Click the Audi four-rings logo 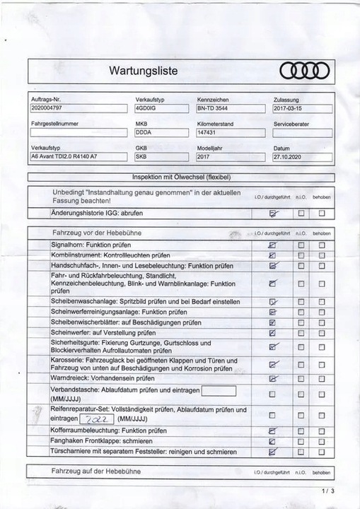tap(305, 71)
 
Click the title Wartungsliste tap(148, 71)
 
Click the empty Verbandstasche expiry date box tap(219, 391)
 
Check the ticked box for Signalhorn tap(273, 245)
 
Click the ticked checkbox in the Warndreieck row tap(273, 378)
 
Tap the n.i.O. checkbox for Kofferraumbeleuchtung tap(301, 431)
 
